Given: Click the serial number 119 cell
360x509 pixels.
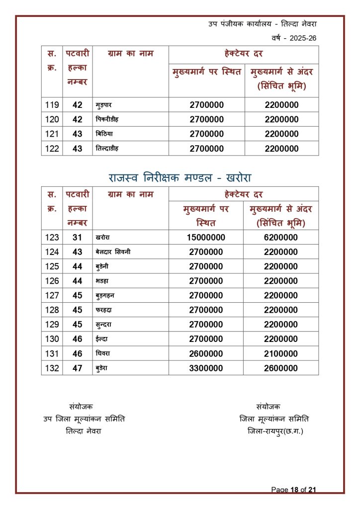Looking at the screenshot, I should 52,105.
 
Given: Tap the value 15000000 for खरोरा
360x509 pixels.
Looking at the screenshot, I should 206,238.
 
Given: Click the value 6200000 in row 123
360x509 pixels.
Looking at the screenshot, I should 281,238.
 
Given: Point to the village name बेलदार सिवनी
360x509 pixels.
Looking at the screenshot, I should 113,252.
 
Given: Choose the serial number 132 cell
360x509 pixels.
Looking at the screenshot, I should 52,368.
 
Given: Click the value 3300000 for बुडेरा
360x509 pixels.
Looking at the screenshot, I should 206,368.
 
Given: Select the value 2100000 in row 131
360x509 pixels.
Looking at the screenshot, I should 281,354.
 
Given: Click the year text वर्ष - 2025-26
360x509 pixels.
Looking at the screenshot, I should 294,38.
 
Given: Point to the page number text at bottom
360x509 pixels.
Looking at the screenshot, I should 293,490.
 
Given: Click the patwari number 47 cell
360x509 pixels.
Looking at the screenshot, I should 77,368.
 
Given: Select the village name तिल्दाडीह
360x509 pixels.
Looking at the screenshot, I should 107,149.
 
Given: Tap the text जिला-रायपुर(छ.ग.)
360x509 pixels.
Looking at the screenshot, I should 274,431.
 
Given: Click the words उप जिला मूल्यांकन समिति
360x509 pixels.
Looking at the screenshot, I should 84,419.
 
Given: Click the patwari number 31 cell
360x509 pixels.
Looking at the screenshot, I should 77,238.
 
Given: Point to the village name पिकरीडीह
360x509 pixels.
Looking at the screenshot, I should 107,120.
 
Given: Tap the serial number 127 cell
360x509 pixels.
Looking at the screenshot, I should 52,296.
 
